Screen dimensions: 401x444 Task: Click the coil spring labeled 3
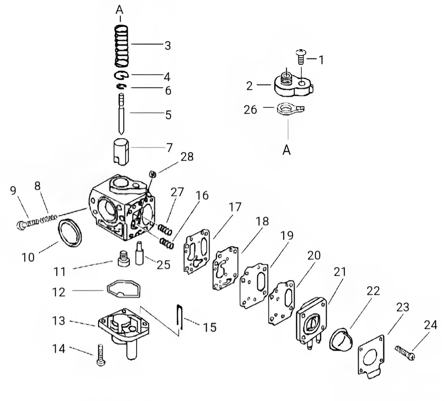coord(121,46)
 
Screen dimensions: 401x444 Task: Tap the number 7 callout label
coord(169,146)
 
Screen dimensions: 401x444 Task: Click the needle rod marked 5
coord(121,113)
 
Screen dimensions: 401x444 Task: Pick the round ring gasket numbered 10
coord(70,232)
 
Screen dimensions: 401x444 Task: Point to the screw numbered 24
coord(405,352)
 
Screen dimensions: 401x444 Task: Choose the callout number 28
coord(187,157)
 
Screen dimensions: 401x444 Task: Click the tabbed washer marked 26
coord(288,109)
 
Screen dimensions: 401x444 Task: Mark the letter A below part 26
coord(287,150)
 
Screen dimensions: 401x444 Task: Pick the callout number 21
coord(340,272)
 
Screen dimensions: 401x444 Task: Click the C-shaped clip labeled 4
coord(121,75)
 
